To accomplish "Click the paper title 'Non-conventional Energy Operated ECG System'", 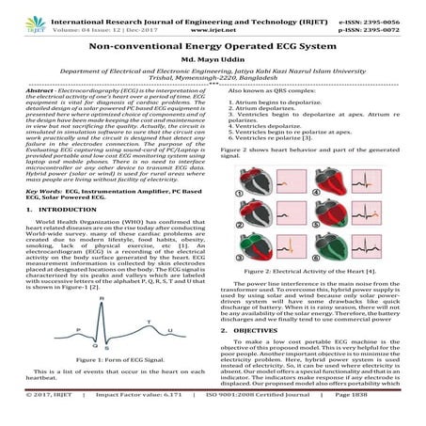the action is click(213, 43).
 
